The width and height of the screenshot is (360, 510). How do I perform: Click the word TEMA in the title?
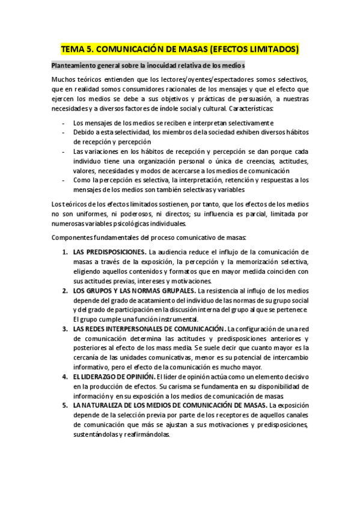tap(74, 49)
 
